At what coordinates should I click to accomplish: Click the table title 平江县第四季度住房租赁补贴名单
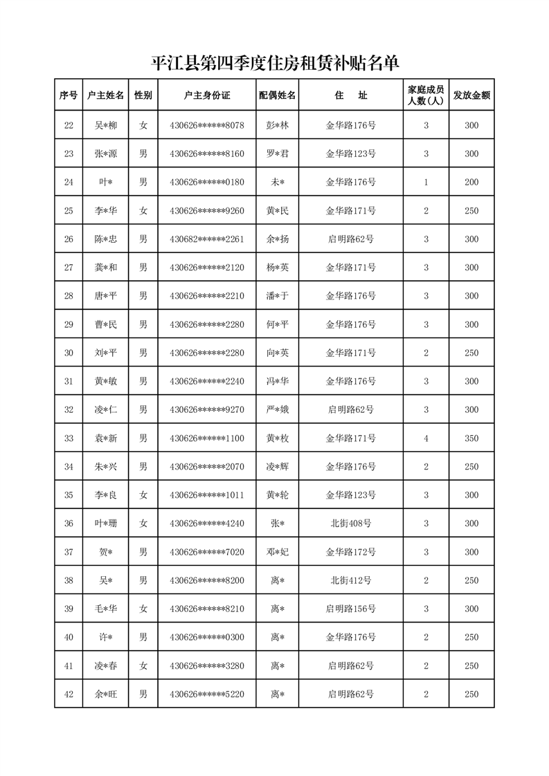(275, 64)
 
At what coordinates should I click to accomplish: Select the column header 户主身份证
(207, 95)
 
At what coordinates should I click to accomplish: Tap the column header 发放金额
(471, 95)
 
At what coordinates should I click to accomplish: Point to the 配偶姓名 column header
(277, 95)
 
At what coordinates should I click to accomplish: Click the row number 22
(69, 126)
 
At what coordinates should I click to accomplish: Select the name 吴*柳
(106, 126)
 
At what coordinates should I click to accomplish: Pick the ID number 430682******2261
(207, 239)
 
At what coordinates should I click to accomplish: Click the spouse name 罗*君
(277, 154)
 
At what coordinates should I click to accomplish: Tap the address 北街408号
(351, 524)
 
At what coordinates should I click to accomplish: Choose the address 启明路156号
(351, 609)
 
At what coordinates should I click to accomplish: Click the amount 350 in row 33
(471, 438)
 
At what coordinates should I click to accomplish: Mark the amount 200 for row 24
(471, 183)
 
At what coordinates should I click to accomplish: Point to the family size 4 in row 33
(426, 438)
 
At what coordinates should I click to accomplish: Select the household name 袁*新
(106, 438)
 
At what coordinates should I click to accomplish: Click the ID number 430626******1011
(207, 495)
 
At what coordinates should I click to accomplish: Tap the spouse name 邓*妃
(277, 552)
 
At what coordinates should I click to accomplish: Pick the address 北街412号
(351, 580)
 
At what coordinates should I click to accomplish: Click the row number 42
(69, 694)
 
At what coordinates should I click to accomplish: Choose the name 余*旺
(106, 694)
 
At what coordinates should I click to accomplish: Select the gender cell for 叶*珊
(143, 524)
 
